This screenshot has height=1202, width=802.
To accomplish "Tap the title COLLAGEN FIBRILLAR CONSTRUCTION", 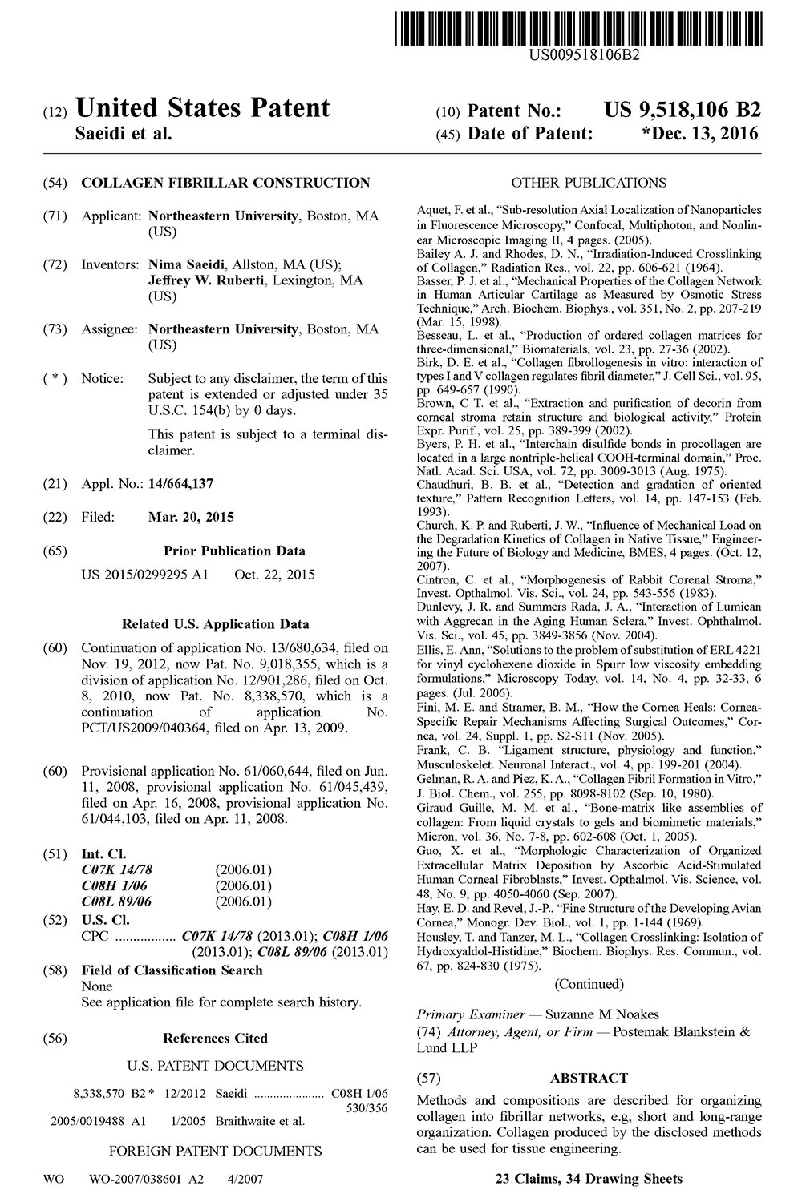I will click(x=225, y=183).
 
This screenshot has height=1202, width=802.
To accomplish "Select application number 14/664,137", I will click(x=181, y=484).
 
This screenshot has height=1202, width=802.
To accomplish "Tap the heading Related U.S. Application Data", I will click(x=215, y=624).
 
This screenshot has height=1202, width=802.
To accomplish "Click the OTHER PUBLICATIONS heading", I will click(x=589, y=183).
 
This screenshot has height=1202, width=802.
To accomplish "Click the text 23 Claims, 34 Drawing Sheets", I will click(x=589, y=1178).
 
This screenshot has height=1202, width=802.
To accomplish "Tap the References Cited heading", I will click(x=215, y=1038).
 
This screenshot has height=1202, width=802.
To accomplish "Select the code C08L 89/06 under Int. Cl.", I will click(x=117, y=901).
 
